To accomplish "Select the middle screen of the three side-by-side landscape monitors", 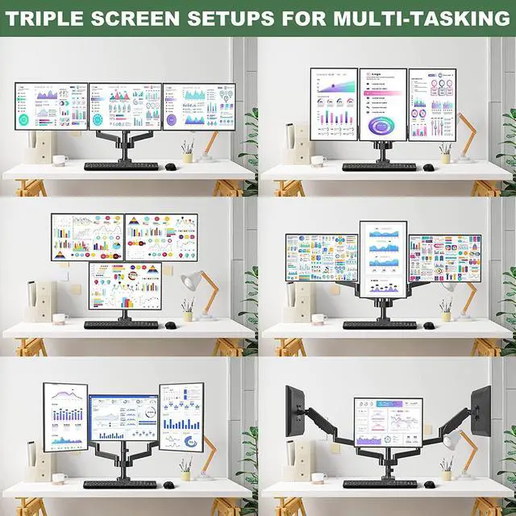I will [124, 106].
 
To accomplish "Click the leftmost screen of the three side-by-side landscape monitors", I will [50, 105].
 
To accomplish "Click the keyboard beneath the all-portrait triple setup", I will [379, 167].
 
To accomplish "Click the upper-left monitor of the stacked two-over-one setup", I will [87, 236].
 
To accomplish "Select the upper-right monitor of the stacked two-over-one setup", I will [161, 236].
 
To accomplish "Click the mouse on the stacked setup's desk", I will [170, 325].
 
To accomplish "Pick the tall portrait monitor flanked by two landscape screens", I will [383, 260].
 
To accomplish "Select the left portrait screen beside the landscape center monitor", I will [65, 416].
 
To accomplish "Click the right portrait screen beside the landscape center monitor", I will [180, 416].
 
